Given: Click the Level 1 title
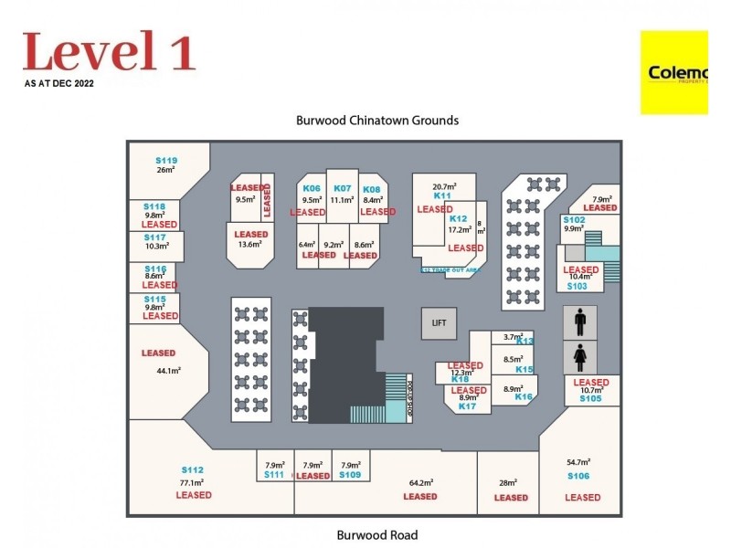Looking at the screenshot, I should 109,51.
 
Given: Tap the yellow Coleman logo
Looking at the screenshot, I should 674,72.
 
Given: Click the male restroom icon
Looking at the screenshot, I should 579,321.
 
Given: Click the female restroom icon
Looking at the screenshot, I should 579,355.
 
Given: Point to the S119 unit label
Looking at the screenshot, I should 166,161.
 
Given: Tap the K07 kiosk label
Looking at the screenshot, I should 342,188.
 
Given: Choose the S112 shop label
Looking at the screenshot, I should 192,470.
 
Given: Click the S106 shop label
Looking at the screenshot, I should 578,476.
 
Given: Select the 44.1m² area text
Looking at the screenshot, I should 168,371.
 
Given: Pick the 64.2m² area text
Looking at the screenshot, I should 420,482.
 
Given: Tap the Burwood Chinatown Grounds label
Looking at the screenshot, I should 377,121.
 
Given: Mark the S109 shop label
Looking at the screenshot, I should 350,475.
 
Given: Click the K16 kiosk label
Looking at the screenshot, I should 524,396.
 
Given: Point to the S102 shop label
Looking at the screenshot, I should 574,220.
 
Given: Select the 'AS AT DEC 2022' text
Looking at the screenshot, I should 59,83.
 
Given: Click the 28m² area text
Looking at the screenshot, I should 509,482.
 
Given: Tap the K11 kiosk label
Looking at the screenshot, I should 443,195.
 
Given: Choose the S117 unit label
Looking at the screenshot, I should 154,237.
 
